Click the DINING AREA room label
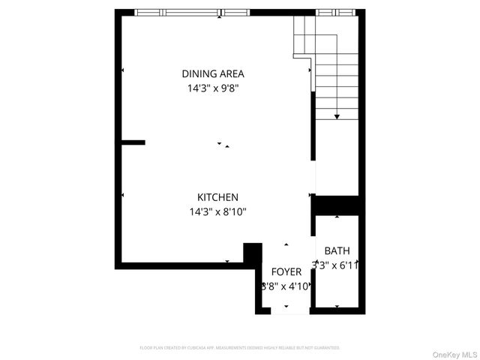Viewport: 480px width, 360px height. [x=213, y=73]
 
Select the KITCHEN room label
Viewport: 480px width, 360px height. [x=217, y=197]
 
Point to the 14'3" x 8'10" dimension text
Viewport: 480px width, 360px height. [x=217, y=211]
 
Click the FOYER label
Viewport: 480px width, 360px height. [x=286, y=271]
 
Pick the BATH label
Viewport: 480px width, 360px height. [x=337, y=250]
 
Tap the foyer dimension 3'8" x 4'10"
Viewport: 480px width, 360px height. [x=286, y=286]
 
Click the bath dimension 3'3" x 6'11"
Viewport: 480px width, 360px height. [x=337, y=265]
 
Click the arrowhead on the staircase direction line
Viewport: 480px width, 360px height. [x=337, y=116]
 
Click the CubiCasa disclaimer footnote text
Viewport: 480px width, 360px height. [x=240, y=348]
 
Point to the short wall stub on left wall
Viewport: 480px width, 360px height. [x=133, y=142]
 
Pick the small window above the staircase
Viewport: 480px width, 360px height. [x=335, y=13]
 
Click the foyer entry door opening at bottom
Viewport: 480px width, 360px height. [x=286, y=310]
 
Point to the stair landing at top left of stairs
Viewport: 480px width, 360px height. [x=303, y=45]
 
